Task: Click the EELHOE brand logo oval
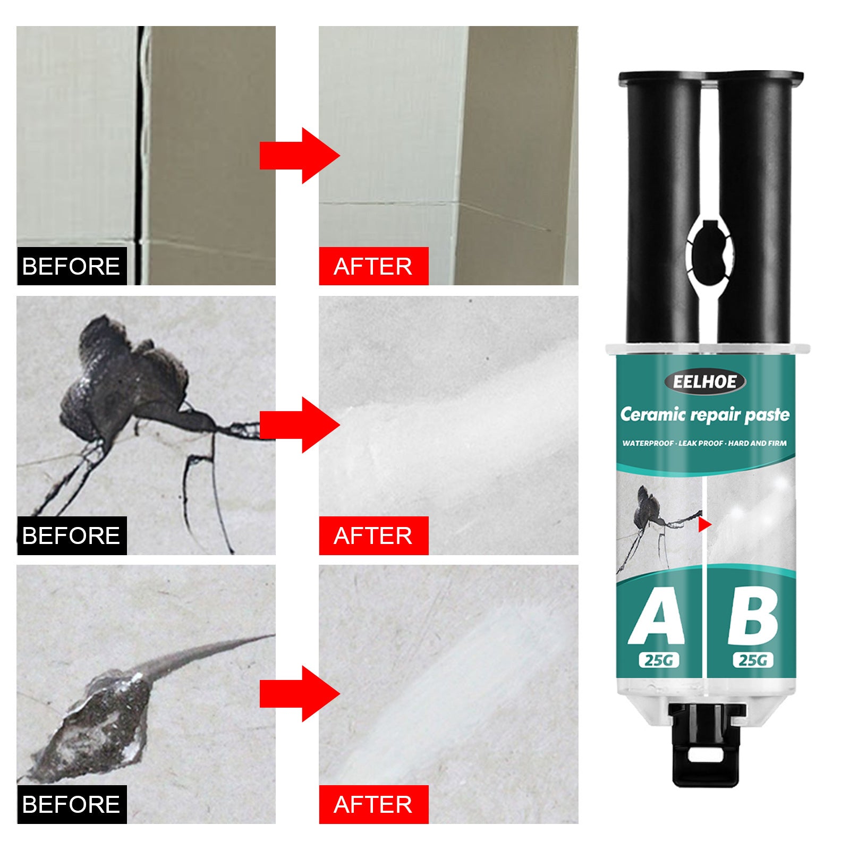pos(704,381)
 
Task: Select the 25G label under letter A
pos(658,660)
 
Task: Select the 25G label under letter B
pos(753,660)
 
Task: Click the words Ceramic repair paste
pos(704,415)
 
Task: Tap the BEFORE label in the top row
pos(71,266)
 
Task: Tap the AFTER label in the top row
pos(373,266)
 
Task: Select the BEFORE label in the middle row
pos(71,535)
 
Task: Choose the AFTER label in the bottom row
pos(373,804)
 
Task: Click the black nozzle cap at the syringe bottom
pos(705,744)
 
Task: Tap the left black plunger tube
pos(663,207)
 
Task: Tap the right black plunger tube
pos(754,207)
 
